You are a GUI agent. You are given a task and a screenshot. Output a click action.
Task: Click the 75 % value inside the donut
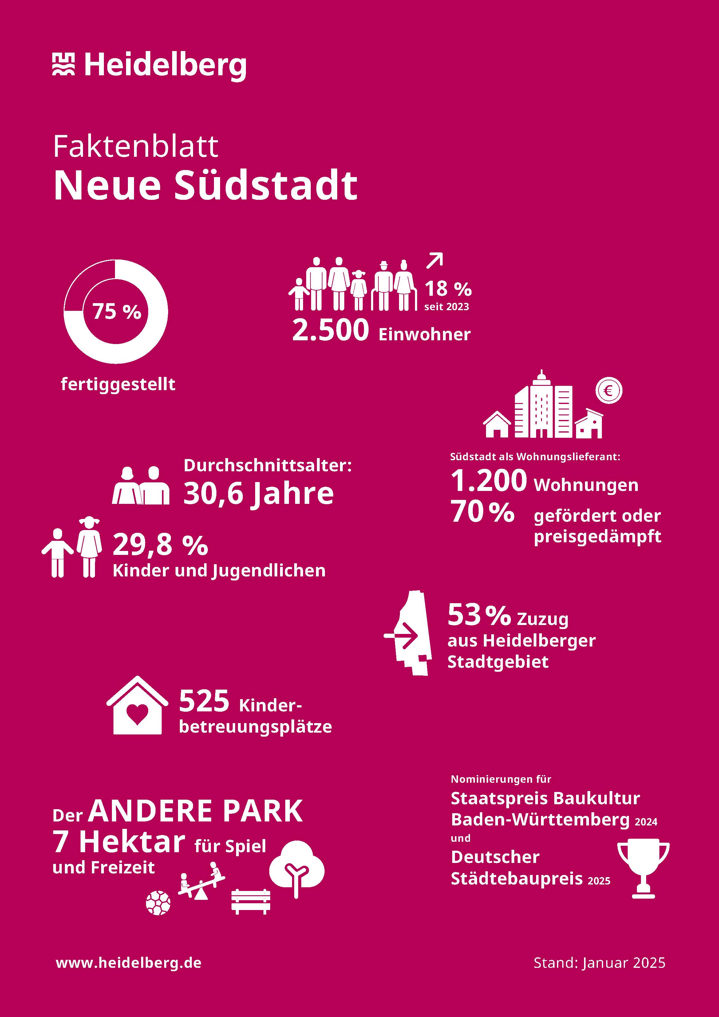click(117, 311)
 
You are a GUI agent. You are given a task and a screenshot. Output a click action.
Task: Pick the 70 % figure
click(482, 512)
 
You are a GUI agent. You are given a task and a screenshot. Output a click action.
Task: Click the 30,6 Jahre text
click(258, 493)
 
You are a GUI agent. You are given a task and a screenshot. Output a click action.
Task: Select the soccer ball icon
click(158, 902)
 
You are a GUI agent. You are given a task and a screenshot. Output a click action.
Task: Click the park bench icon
click(251, 901)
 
